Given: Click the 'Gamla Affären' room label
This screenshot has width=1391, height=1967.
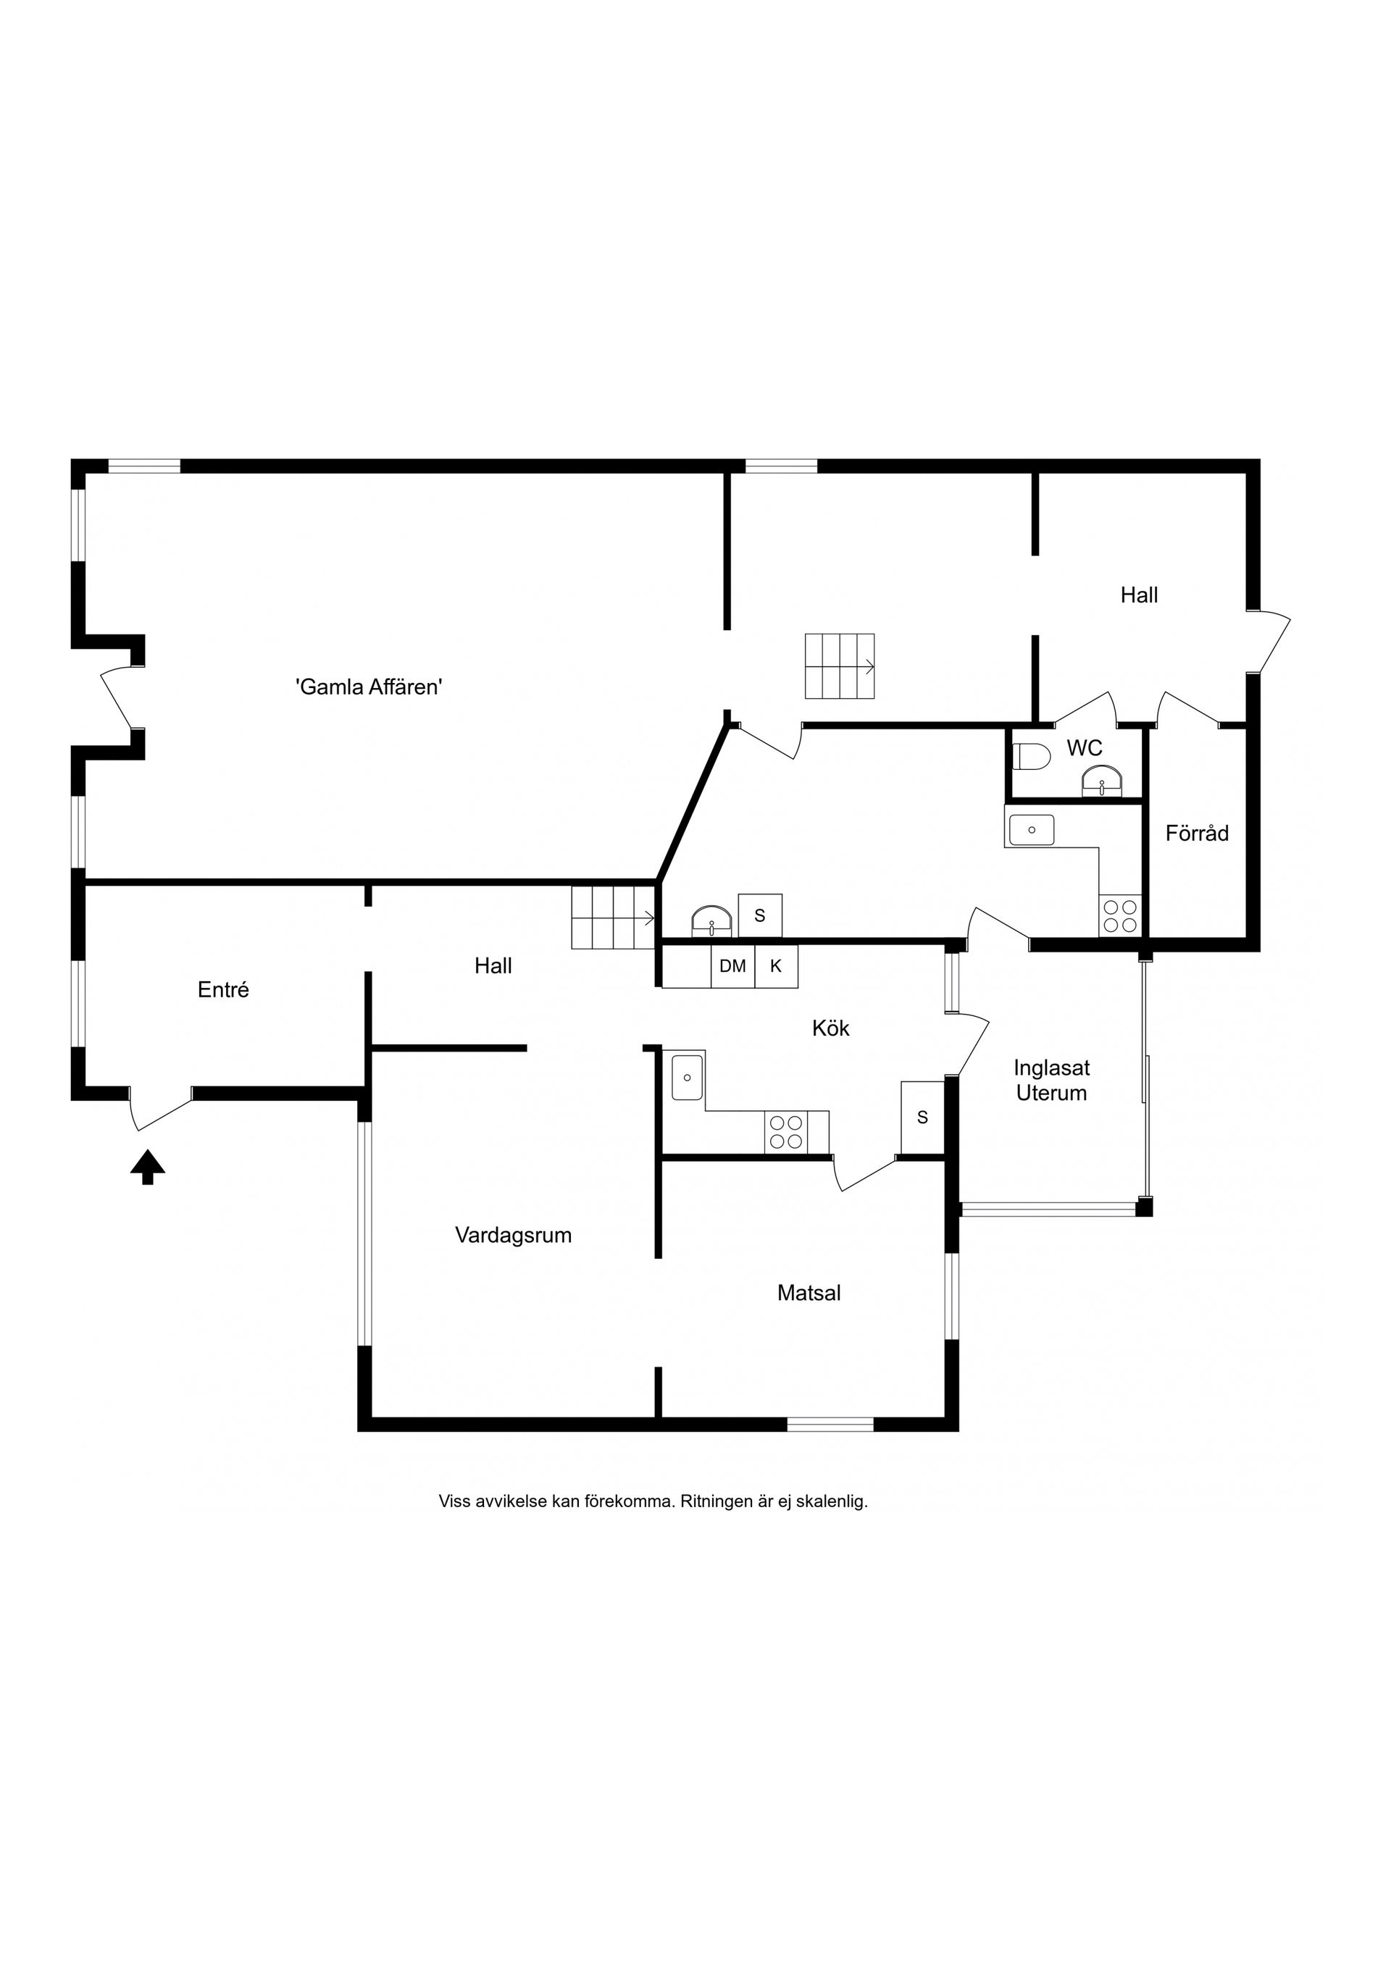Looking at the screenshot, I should (369, 687).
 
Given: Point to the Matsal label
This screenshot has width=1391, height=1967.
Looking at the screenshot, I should (809, 1293).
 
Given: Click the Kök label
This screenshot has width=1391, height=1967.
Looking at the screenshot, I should (830, 1028).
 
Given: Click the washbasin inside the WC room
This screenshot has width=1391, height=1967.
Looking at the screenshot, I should (1101, 781).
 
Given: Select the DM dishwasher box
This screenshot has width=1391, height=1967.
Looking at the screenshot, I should (732, 966).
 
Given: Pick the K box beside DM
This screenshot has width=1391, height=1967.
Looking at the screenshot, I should (776, 966).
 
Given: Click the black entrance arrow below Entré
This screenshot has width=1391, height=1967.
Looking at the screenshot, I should (147, 1167).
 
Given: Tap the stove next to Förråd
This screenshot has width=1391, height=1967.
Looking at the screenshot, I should (1120, 916).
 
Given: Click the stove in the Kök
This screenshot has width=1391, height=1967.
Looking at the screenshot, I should (786, 1132).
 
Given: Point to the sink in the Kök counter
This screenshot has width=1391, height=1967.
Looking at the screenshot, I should (688, 1077).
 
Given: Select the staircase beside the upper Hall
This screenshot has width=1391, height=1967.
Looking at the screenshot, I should (839, 666).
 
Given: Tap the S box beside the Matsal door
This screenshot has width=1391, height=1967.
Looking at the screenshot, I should (922, 1117).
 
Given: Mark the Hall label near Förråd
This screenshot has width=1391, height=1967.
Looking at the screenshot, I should (1138, 595).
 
